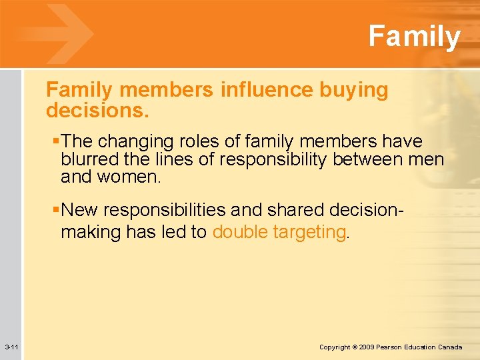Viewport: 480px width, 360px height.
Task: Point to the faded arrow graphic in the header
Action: [56, 33]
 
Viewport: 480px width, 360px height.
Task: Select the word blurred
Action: [86, 160]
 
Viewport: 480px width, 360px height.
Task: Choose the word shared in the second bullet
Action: [288, 211]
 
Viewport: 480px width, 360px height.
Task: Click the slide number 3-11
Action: [11, 347]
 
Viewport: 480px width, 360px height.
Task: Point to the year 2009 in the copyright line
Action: [366, 347]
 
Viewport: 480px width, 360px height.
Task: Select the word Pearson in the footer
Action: [391, 347]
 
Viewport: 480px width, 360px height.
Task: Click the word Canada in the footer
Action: [450, 347]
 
